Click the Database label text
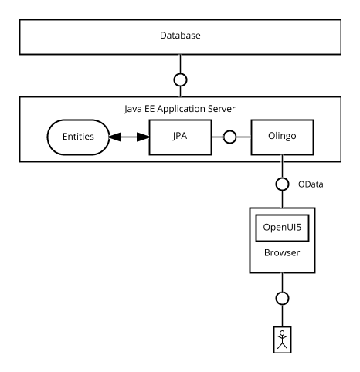click(x=180, y=36)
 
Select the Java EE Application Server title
click(x=180, y=109)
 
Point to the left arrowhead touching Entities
click(x=115, y=137)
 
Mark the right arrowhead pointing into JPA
click(x=143, y=137)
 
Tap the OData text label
click(x=311, y=184)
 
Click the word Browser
click(x=282, y=252)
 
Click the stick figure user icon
click(x=282, y=340)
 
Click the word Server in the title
click(x=222, y=109)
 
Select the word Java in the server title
click(x=133, y=109)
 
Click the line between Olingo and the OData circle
click(x=282, y=166)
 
